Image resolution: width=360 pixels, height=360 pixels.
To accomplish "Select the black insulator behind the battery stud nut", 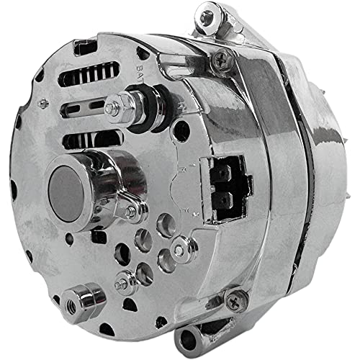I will (x=136, y=100).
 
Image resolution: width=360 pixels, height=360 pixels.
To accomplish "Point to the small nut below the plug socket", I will (x=179, y=250).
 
